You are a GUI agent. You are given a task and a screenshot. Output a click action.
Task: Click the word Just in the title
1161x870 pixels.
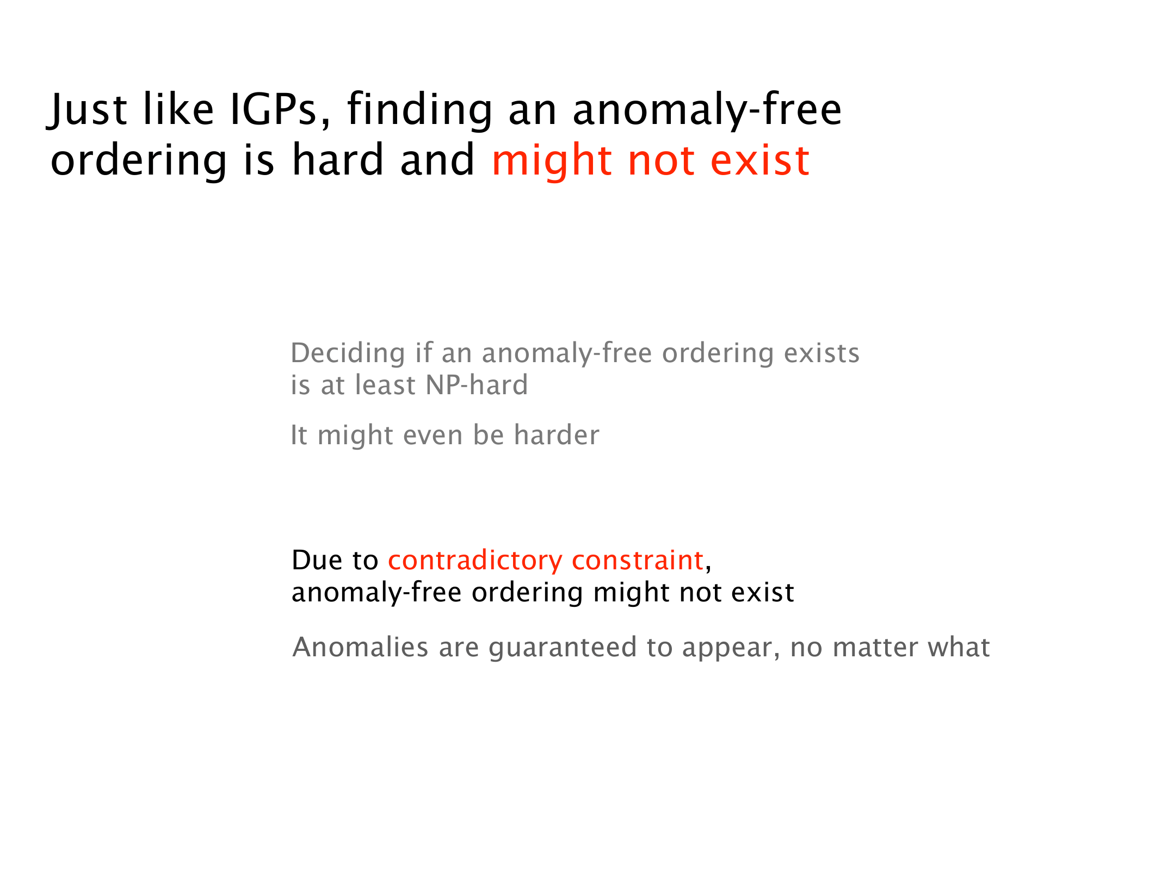click(x=88, y=110)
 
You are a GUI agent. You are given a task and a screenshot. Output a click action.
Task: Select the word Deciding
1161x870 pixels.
click(x=348, y=354)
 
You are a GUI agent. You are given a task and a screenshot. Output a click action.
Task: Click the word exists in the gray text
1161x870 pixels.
click(x=822, y=353)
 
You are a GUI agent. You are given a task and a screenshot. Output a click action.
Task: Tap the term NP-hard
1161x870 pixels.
click(x=477, y=385)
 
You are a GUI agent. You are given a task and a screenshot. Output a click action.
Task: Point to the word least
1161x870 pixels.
click(x=385, y=385)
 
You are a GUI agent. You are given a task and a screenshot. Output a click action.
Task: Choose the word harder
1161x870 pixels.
click(x=557, y=435)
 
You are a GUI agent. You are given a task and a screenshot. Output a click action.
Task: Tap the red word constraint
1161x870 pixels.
click(x=638, y=561)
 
